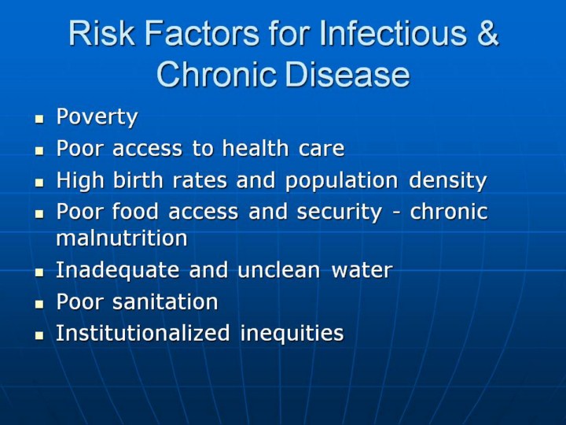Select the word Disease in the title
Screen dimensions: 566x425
click(347, 74)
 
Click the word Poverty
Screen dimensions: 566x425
click(97, 116)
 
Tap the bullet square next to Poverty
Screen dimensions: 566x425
click(39, 119)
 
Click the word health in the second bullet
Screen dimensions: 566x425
click(255, 148)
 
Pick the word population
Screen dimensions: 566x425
click(341, 181)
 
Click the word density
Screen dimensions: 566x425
click(447, 181)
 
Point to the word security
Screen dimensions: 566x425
click(339, 213)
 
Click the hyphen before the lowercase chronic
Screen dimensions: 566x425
click(396, 213)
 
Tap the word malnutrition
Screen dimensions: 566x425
click(122, 238)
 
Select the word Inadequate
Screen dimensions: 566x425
click(117, 270)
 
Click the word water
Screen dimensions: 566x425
click(362, 270)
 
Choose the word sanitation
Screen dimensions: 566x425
click(165, 301)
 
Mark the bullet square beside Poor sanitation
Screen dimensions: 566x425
click(39, 304)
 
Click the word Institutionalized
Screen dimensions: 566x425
click(142, 333)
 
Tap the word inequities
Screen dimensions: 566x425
click(292, 334)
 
